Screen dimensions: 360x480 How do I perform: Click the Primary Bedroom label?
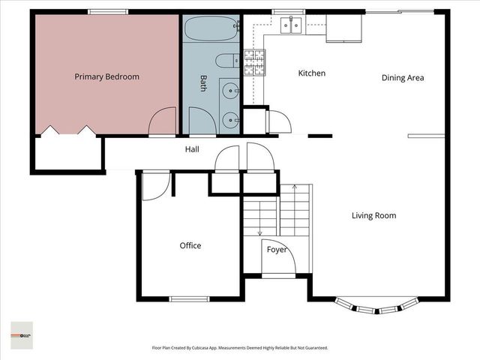pos(106,76)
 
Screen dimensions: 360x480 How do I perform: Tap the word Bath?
pos(202,82)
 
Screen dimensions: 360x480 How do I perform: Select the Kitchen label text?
pos(311,73)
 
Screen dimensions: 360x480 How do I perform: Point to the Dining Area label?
pos(403,77)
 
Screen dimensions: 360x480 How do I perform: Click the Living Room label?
pos(373,216)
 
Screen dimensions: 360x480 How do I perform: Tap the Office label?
pos(190,245)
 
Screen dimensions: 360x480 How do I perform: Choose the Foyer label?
pos(277,250)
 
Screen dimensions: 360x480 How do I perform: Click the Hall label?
pos(192,150)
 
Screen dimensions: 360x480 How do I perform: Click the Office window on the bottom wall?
pos(189,299)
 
